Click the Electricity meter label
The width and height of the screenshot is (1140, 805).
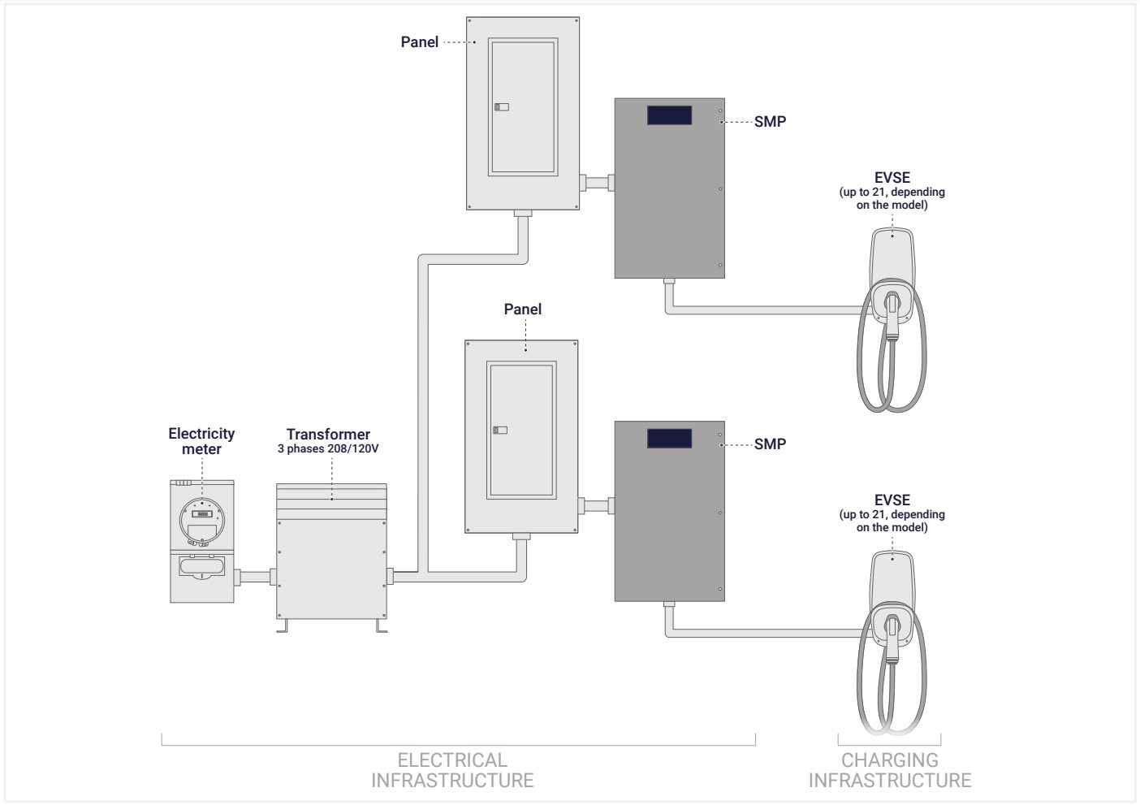pyautogui.click(x=201, y=441)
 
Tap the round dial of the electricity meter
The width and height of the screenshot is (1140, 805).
pyautogui.click(x=202, y=515)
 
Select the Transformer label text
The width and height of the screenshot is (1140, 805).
pyautogui.click(x=328, y=435)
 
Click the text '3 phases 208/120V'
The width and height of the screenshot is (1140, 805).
pyautogui.click(x=328, y=448)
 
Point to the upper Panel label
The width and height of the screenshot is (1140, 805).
pyautogui.click(x=419, y=42)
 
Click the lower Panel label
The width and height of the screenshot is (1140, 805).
pyautogui.click(x=522, y=309)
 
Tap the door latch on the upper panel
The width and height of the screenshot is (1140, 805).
pyautogui.click(x=501, y=106)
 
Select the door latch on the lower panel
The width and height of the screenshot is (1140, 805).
pyautogui.click(x=500, y=430)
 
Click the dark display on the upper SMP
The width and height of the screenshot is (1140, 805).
pyautogui.click(x=669, y=115)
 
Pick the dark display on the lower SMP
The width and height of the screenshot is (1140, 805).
pyautogui.click(x=669, y=439)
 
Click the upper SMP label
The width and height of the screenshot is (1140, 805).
pyautogui.click(x=770, y=122)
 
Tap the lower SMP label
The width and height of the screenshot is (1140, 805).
pyautogui.click(x=770, y=444)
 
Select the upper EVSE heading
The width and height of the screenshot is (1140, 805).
pyautogui.click(x=892, y=178)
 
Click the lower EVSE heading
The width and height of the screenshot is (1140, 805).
pyautogui.click(x=892, y=500)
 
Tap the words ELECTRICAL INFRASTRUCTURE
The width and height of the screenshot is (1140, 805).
pyautogui.click(x=452, y=770)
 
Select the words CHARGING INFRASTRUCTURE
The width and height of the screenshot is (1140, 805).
pyautogui.click(x=889, y=770)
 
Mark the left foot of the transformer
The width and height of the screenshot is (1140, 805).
pyautogui.click(x=282, y=627)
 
